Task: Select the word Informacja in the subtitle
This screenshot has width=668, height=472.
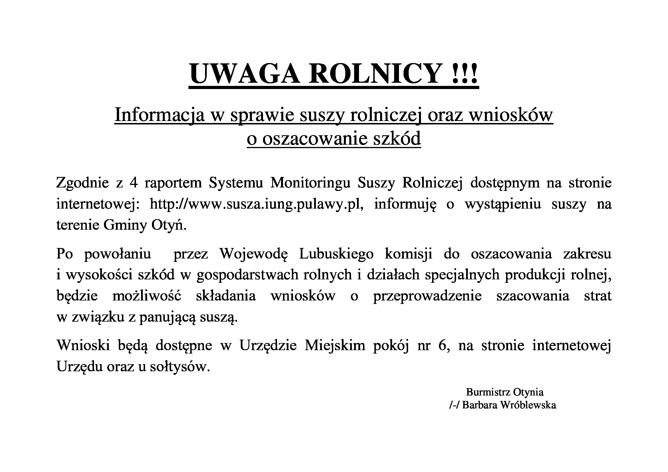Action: [x=159, y=115]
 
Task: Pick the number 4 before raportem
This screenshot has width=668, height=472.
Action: [x=134, y=183]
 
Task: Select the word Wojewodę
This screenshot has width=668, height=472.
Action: [x=253, y=254]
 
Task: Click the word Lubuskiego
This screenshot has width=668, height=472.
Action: [x=336, y=254]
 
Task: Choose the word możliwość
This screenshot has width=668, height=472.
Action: [x=147, y=296]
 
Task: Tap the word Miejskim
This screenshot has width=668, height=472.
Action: [x=335, y=346]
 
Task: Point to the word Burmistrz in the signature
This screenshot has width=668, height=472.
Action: [x=488, y=392]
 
